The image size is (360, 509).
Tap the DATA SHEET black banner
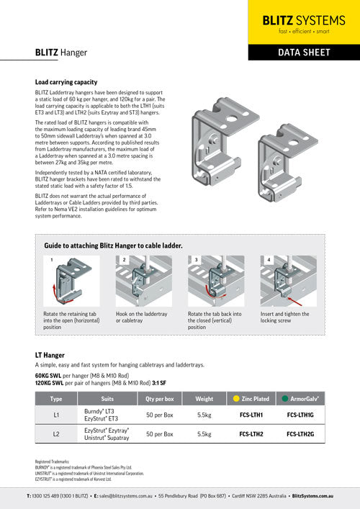tap(303, 53)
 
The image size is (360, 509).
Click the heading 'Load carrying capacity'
tap(71, 82)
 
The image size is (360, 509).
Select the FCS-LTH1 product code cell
tap(254, 415)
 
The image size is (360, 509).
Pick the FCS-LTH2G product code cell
tap(303, 434)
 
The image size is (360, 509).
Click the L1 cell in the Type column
tap(56, 415)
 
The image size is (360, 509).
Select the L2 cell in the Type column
tap(56, 434)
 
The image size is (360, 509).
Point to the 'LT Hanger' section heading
tap(50, 355)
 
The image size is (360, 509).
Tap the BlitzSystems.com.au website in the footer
tap(312, 496)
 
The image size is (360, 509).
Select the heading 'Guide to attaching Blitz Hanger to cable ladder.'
tap(113, 245)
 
